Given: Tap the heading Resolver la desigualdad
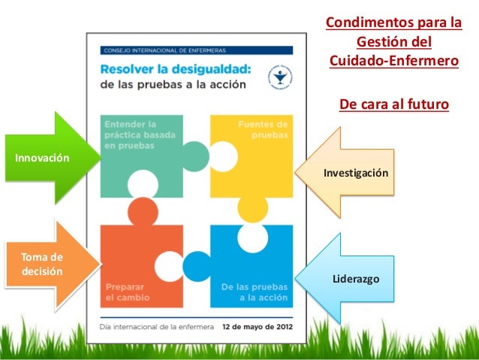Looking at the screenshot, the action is tap(176, 69).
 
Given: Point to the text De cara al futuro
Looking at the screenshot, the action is tap(393, 103).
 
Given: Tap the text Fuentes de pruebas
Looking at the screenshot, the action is tap(262, 129).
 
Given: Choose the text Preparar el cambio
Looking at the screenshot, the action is tap(128, 292).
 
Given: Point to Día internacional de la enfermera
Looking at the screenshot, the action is tap(158, 327).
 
